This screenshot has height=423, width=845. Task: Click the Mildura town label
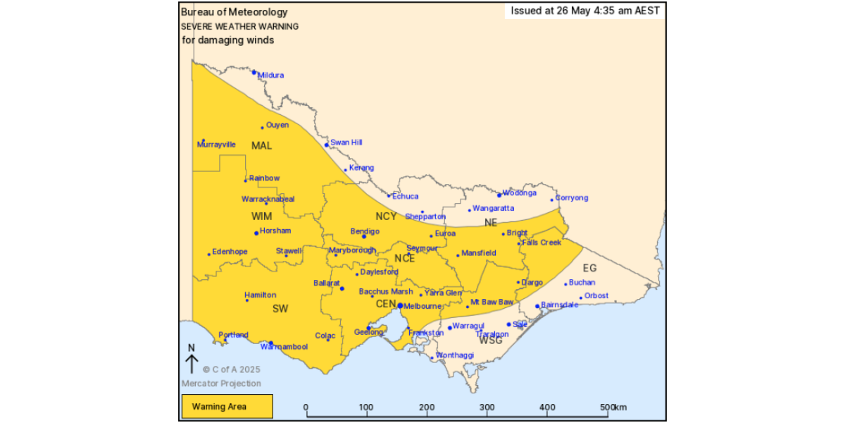[271, 75]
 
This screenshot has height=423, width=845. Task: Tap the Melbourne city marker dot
[400, 306]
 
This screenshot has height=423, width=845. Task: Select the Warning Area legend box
[226, 407]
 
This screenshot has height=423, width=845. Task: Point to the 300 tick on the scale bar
[487, 407]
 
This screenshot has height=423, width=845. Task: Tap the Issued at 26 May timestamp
[584, 11]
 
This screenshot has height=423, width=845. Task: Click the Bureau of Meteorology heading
[234, 12]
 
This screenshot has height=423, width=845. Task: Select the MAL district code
[261, 146]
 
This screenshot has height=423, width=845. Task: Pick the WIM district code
[261, 216]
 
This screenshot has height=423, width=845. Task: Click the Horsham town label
[275, 231]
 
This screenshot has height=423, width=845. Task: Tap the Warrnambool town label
[284, 347]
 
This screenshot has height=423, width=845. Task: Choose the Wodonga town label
[520, 192]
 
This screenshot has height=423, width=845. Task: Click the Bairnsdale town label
[560, 305]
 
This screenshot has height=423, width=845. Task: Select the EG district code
[589, 268]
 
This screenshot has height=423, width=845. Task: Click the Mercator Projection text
[221, 384]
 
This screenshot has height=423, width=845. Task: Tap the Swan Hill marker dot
[327, 145]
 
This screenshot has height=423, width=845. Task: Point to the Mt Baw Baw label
[492, 302]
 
